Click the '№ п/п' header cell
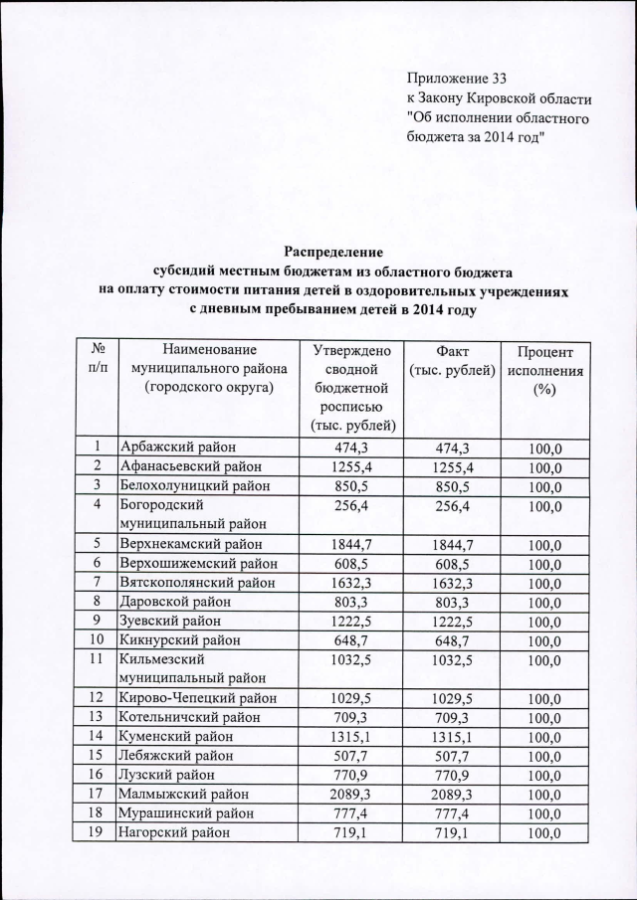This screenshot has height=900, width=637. [x=98, y=359]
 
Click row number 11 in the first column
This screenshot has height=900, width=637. [x=98, y=658]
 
